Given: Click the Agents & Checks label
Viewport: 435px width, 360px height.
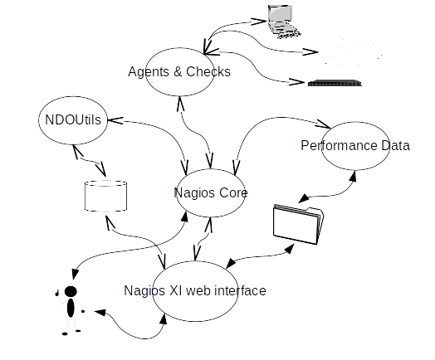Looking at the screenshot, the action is point(179,72).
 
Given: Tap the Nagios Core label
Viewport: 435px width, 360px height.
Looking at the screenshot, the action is point(211,193).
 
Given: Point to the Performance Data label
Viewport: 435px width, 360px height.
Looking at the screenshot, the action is point(355,145).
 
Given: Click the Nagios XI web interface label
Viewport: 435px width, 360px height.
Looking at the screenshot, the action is point(195,290).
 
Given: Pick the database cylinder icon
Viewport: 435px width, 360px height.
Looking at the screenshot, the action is point(105,197).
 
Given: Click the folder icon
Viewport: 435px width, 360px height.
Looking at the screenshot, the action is point(299,225).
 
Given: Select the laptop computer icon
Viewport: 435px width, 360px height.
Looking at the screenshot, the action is point(284,21).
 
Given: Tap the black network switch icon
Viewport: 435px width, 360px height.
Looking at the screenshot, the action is point(335,83).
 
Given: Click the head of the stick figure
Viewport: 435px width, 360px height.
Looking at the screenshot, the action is point(71,291).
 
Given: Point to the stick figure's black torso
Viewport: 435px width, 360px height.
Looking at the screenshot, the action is point(71,308).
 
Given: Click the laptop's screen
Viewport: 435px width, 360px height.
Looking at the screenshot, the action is point(281,13).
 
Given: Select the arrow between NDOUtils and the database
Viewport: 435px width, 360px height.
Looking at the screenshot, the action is point(90,160).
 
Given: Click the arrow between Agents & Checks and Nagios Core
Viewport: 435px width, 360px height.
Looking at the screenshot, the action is point(195,133).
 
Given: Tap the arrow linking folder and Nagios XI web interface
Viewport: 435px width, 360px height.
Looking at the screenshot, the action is point(259,256).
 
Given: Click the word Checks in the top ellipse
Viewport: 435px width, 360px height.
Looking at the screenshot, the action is point(208,72).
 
